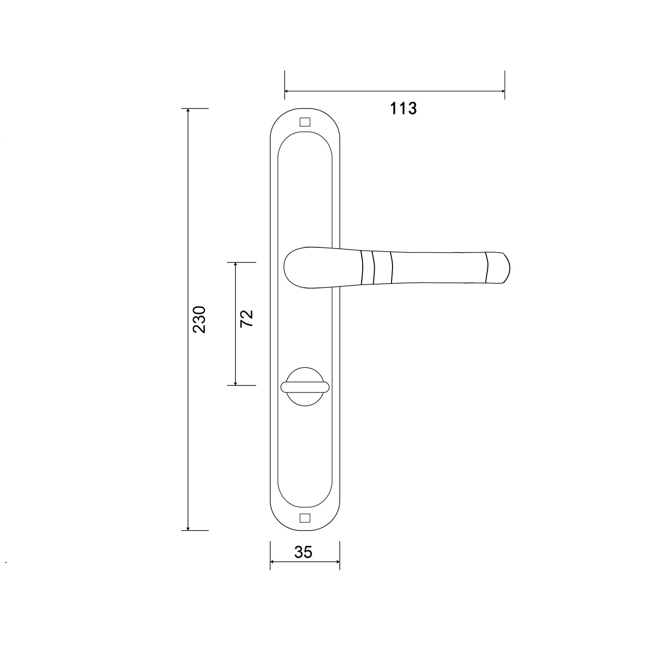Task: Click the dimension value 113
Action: tap(403, 108)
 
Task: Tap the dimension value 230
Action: tap(199, 319)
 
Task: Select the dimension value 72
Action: tap(246, 319)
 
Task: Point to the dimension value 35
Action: tap(303, 552)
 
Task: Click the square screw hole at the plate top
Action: tap(305, 122)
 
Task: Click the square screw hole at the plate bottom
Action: tap(305, 518)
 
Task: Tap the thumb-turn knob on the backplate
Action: tap(305, 387)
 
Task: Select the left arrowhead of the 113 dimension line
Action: tap(287, 91)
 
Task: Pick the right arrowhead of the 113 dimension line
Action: tap(502, 91)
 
